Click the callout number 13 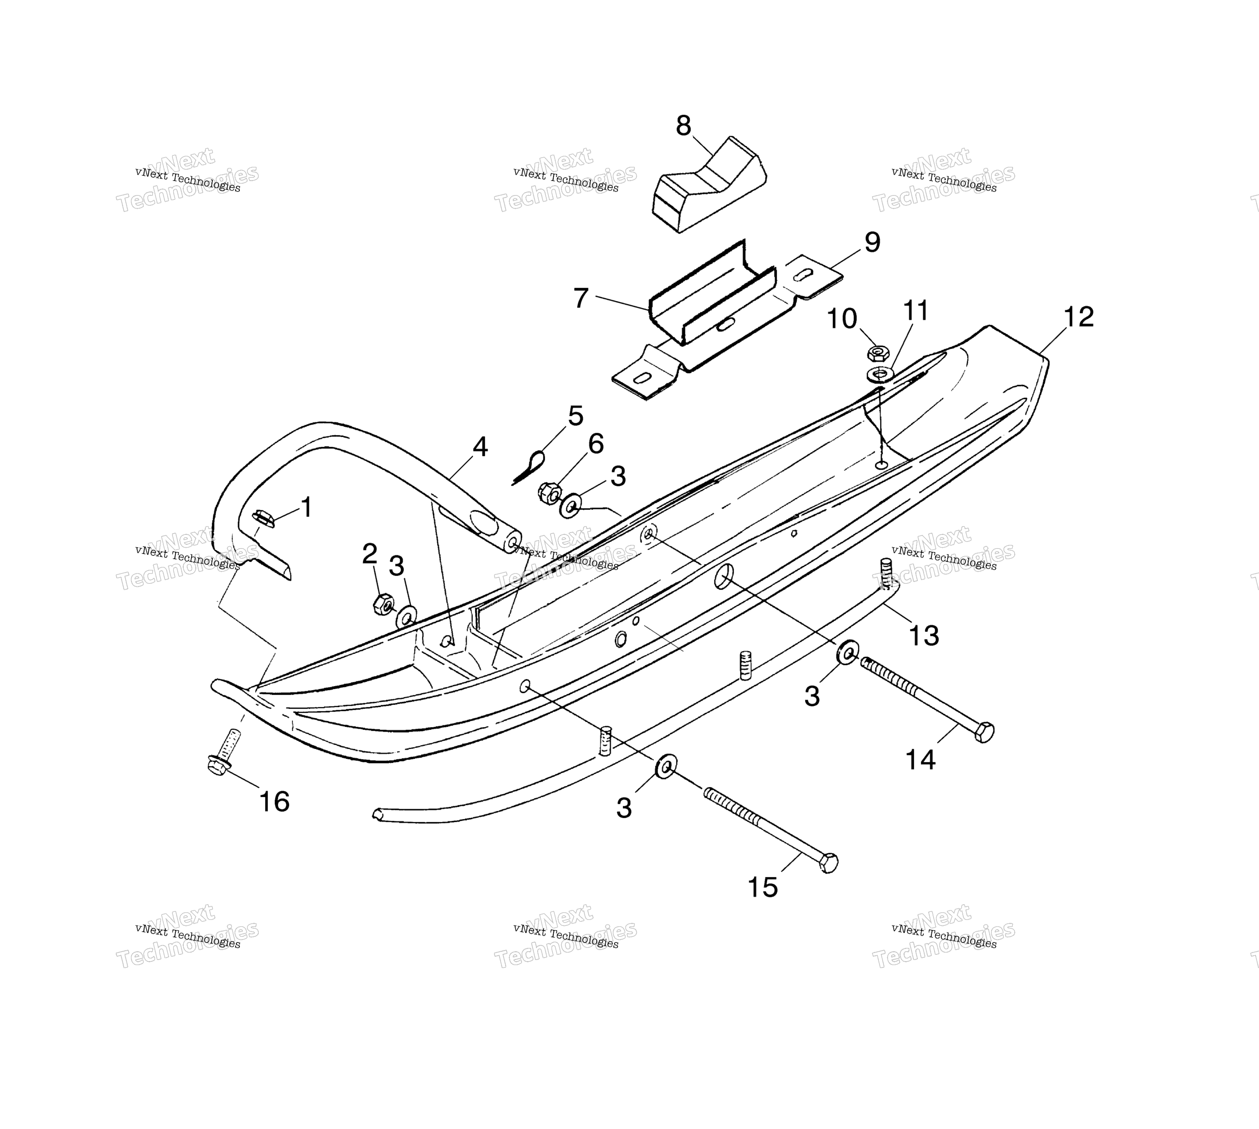click(923, 635)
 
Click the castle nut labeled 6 click(549, 493)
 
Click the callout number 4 click(480, 447)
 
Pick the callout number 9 click(872, 242)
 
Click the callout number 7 click(580, 298)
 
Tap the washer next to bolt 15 click(665, 767)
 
